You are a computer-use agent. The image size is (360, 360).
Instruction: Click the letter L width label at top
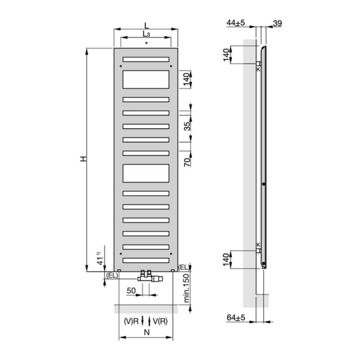[146, 25]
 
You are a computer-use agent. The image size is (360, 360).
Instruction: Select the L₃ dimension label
[146, 34]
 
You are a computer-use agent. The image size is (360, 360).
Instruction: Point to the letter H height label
[83, 159]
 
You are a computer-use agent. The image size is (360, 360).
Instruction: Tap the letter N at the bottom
[147, 332]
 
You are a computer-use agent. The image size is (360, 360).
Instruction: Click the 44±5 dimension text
[236, 22]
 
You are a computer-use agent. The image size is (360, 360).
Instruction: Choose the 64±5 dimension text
[236, 317]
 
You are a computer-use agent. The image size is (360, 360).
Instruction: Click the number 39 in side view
[277, 23]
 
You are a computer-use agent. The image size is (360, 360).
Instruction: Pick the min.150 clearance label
[187, 288]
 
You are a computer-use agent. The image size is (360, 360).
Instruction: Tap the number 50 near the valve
[131, 291]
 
